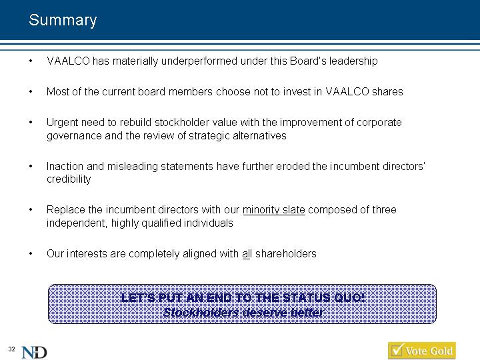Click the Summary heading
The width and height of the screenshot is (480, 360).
coord(63,20)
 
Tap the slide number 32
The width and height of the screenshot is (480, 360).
coord(11,349)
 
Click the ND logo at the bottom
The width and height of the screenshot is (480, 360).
coord(34,353)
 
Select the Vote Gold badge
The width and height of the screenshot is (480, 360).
coord(422,351)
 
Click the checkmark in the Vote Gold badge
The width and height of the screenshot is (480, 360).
coord(397,349)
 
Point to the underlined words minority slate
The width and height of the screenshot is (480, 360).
coord(274,210)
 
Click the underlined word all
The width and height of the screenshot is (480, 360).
coord(247,254)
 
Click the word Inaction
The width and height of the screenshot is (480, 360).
coord(65,166)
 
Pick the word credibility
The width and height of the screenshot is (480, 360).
coord(69,179)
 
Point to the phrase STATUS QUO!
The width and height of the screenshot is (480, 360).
coord(323,298)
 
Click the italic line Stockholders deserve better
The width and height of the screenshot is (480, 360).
coord(243,313)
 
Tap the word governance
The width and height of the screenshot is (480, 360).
coord(74,136)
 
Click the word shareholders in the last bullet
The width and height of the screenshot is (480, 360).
coord(286,254)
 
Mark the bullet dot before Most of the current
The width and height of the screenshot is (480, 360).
coord(31,91)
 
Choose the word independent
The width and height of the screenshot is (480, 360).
coord(77,223)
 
